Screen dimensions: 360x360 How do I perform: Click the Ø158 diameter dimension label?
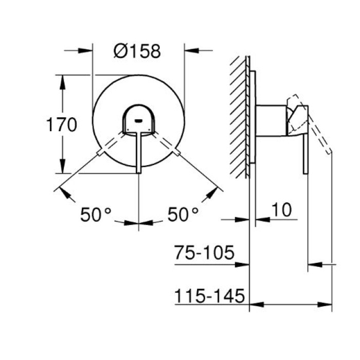point(137,51)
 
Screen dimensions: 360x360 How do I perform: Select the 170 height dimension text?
point(61,125)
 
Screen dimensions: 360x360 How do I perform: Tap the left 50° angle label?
point(96,214)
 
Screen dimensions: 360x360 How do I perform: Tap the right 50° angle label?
point(183,214)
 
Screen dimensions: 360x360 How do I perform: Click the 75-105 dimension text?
point(204,253)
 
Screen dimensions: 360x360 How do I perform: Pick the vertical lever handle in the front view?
point(138,154)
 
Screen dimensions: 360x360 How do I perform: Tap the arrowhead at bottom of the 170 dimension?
point(63,169)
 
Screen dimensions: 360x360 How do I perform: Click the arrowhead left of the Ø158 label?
point(85,50)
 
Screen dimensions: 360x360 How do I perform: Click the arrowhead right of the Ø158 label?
point(191,50)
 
